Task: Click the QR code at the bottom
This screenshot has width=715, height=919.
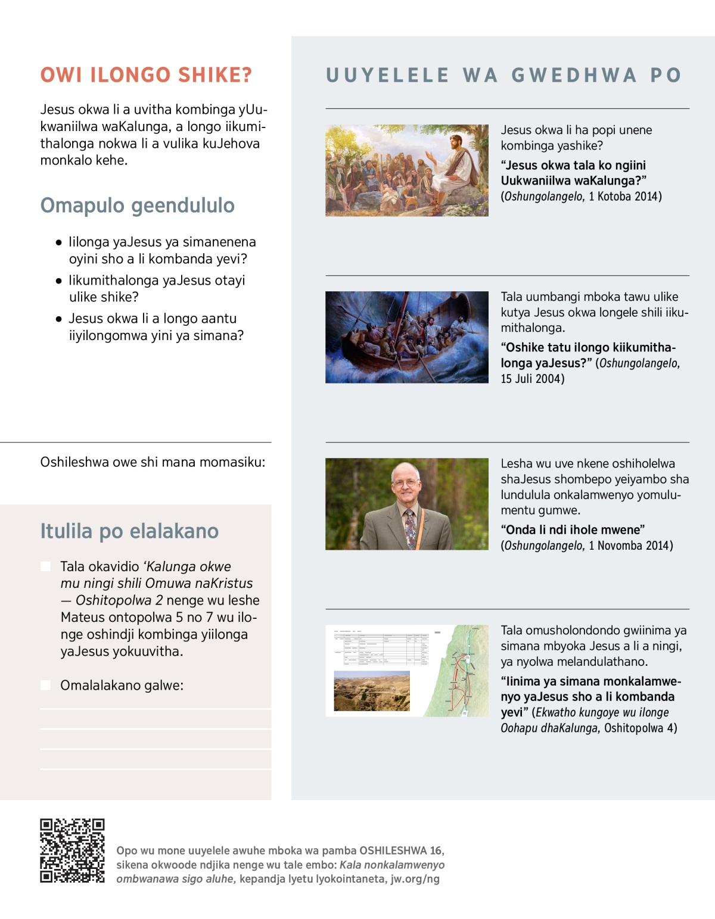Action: [72, 851]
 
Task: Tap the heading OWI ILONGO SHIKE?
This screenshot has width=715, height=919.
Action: [146, 75]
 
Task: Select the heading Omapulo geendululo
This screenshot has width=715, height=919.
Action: [137, 205]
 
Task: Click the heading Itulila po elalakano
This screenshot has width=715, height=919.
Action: [129, 531]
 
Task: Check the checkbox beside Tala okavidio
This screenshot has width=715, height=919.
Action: [46, 566]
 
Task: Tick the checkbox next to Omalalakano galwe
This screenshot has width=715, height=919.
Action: [46, 686]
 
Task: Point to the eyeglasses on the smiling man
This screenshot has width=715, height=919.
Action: [405, 482]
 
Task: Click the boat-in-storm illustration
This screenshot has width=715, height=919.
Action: [406, 337]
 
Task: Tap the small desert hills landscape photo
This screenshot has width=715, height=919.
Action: [372, 691]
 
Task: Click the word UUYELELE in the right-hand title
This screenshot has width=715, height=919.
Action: [387, 75]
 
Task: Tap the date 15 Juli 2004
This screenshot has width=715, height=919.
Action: [532, 379]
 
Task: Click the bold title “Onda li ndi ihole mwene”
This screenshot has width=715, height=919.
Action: [573, 530]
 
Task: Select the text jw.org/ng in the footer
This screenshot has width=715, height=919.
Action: [415, 879]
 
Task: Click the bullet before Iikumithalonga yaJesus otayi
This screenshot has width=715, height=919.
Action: [58, 281]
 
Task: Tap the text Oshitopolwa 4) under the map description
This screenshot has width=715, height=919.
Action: [641, 728]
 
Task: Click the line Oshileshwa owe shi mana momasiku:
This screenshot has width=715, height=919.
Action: [153, 462]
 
